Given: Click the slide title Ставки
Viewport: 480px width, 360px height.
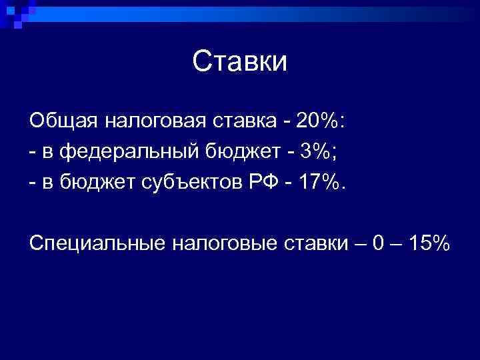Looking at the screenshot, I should pyautogui.click(x=240, y=61).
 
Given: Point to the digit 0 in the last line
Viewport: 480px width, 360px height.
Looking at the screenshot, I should pyautogui.click(x=377, y=244).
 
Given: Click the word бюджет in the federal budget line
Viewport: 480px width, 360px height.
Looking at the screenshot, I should pyautogui.click(x=243, y=152).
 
